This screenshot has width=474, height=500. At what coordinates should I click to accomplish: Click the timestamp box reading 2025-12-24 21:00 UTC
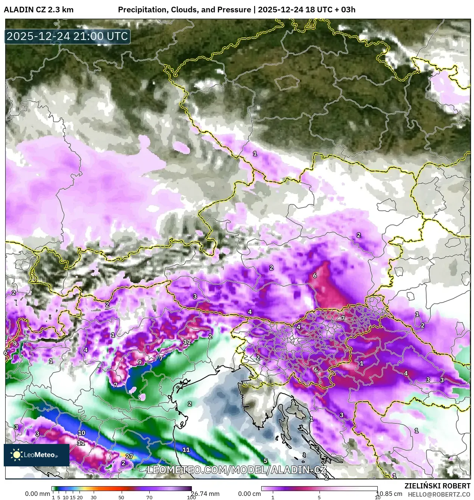pyautogui.click(x=67, y=37)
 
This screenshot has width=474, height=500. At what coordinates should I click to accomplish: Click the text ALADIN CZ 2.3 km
pyautogui.click(x=38, y=10)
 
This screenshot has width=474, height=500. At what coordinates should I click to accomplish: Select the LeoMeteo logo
pyautogui.click(x=36, y=455)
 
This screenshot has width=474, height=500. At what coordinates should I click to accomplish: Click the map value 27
pyautogui.click(x=129, y=456)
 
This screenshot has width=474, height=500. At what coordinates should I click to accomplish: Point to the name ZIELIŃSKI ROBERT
pyautogui.click(x=437, y=486)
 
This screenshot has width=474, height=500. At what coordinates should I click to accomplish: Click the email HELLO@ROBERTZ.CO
pyautogui.click(x=439, y=494)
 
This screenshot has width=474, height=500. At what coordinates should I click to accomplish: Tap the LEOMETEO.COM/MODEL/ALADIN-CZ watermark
pyautogui.click(x=237, y=470)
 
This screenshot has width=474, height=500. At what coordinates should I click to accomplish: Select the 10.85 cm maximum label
pyautogui.click(x=389, y=494)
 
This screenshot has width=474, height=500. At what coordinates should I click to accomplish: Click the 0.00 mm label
pyautogui.click(x=37, y=494)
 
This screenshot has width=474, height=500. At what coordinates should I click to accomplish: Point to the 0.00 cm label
pyautogui.click(x=249, y=494)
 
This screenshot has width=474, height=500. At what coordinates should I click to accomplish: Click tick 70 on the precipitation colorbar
pyautogui.click(x=149, y=497)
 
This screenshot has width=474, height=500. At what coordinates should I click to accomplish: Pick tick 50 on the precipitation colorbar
pyautogui.click(x=121, y=497)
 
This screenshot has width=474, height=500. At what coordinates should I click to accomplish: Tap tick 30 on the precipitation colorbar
pyautogui.click(x=93, y=497)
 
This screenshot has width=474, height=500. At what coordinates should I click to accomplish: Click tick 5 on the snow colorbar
pyautogui.click(x=319, y=497)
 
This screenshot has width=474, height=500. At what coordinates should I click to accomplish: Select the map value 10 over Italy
pyautogui.click(x=81, y=433)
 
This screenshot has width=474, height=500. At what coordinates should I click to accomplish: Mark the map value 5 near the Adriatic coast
pyautogui.click(x=265, y=461)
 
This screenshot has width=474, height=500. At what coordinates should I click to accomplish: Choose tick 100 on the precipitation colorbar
pyautogui.click(x=191, y=497)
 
